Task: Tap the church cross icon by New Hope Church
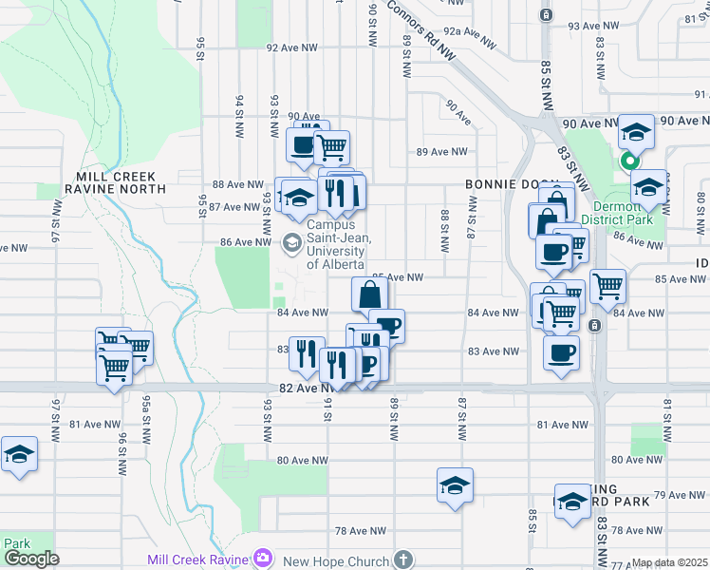click(x=403, y=560)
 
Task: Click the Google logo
click(x=31, y=559)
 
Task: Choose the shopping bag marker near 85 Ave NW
click(x=368, y=294)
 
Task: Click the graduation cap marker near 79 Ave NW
click(x=455, y=486)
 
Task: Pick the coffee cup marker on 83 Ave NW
click(x=560, y=352)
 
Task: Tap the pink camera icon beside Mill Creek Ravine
click(x=262, y=560)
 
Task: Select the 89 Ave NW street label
click(x=442, y=151)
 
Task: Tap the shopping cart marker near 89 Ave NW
click(x=331, y=148)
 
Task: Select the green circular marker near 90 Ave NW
click(x=628, y=161)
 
